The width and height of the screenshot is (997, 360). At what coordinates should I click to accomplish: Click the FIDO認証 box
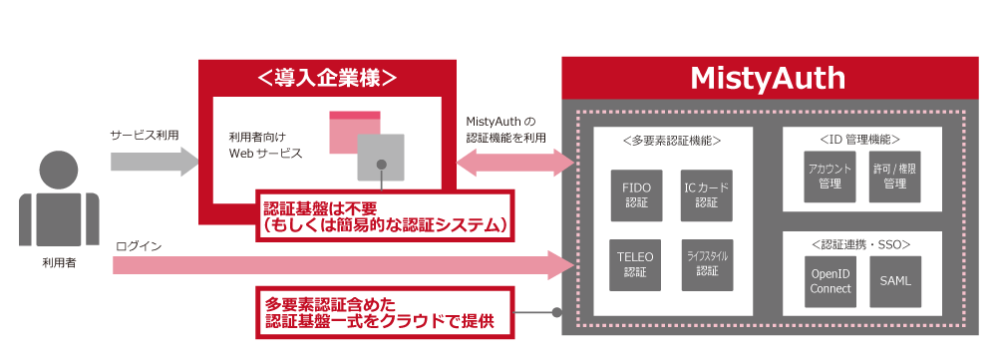tap(636, 194)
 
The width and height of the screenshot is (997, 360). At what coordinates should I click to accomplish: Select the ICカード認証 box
tap(707, 194)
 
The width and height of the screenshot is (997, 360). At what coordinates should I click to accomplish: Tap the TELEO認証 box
tap(636, 264)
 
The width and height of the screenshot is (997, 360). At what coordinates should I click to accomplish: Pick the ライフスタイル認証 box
tap(707, 264)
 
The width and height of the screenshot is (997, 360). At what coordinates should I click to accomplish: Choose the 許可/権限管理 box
tap(894, 177)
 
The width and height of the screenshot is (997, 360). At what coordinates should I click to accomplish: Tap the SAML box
tap(894, 281)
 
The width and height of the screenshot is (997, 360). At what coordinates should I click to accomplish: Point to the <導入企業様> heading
tap(327, 77)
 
